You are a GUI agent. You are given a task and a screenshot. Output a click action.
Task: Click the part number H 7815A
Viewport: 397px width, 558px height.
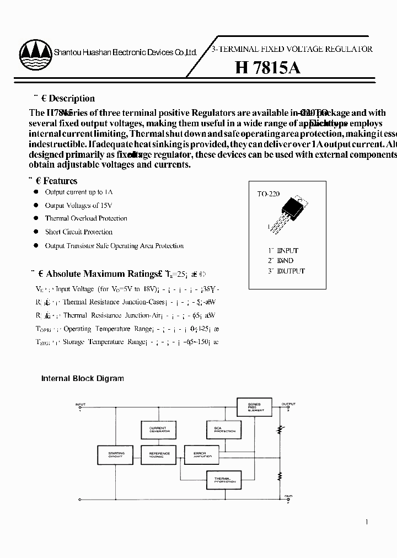pos(267,68)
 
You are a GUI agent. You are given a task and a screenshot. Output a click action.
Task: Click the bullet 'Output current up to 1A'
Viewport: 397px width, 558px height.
pos(79,192)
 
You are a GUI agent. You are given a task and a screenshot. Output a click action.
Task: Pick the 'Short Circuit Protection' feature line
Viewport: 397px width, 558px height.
pos(78,232)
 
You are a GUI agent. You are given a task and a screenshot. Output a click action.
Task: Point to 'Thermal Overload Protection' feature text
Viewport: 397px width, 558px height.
pos(86,218)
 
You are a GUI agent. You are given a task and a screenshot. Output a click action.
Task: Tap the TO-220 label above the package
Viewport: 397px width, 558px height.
pos(269,194)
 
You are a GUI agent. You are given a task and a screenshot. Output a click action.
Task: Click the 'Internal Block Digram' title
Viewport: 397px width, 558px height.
pos(83,379)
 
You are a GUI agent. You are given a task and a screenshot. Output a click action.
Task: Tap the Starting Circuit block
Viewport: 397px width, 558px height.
pos(116,455)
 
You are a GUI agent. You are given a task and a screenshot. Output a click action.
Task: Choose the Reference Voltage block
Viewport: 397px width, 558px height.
pos(159,455)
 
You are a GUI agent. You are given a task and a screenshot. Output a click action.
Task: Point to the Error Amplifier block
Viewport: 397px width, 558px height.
pos(202,455)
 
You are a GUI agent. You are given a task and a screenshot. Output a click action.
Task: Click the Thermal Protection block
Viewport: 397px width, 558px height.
pos(223,480)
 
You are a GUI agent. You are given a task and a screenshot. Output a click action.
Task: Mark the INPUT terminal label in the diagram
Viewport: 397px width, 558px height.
pos(81,405)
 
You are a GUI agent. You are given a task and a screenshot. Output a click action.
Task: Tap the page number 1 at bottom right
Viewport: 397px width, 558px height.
pos(367,522)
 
